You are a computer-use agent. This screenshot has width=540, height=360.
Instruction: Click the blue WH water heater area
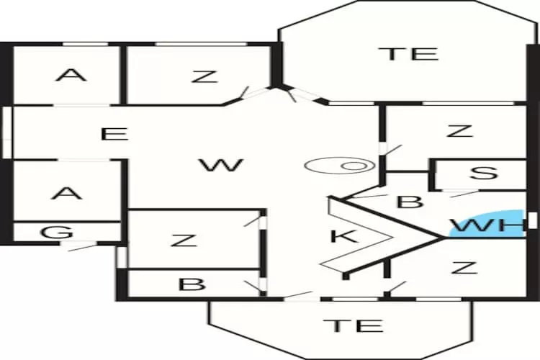[x=487, y=224]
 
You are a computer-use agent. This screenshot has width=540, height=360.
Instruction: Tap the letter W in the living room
[x=222, y=165]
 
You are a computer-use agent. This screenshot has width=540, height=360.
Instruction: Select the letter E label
[x=114, y=134]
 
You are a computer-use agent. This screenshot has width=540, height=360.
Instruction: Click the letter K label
[x=343, y=236]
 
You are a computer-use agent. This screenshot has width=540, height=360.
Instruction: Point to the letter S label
[x=484, y=173]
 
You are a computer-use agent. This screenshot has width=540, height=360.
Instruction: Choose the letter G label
[x=57, y=232]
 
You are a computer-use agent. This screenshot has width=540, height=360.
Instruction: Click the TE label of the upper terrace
[x=408, y=54]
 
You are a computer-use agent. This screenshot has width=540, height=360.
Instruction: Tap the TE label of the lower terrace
[x=354, y=325]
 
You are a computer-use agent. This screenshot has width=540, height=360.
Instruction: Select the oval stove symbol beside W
[x=340, y=166]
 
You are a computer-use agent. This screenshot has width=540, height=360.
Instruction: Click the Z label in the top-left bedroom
[x=204, y=76]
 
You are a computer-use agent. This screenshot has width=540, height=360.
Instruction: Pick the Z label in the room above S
[x=459, y=131]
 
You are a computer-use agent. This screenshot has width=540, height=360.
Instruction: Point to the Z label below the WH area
[x=464, y=267]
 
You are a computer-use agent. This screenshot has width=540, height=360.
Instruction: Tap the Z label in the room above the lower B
[x=184, y=240]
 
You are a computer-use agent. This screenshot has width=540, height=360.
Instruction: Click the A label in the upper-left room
[x=71, y=75]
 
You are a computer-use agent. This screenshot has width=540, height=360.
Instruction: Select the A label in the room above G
[x=66, y=193]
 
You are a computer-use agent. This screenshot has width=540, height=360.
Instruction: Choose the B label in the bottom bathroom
[x=192, y=284]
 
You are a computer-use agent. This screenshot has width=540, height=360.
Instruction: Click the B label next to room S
[x=410, y=202]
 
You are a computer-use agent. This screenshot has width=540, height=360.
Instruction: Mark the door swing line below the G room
[x=83, y=248]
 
